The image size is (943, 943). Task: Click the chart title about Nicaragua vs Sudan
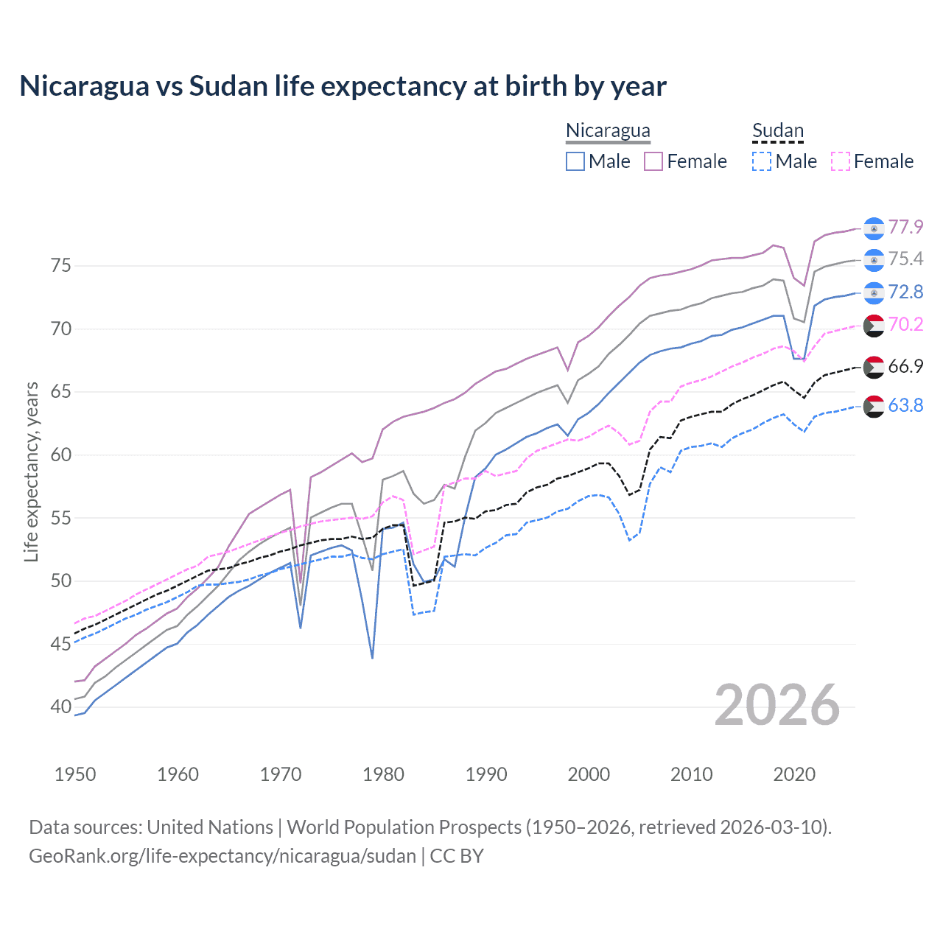point(343,86)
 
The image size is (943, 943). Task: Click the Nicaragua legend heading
point(608,130)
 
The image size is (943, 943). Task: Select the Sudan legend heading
point(777,130)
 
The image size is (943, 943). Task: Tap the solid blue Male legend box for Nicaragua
point(575,161)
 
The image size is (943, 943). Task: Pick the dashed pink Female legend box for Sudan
point(841,161)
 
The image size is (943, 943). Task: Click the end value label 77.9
point(905,227)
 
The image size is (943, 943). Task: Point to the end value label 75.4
point(905,259)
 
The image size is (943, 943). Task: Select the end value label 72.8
point(905,292)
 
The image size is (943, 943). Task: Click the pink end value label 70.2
point(905,324)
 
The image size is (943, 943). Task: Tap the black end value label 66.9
point(905,366)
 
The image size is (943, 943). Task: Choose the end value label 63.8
point(905,405)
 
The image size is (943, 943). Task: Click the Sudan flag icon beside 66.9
point(874,366)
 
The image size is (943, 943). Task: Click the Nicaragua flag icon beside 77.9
point(874,228)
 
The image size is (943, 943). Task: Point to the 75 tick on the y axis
point(61,265)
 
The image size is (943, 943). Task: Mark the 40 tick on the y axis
point(61,707)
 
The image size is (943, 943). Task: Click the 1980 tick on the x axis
point(383,774)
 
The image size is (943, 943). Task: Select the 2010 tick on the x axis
point(691,774)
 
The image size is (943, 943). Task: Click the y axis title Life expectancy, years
point(32,471)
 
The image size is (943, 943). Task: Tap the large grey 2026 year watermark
point(777,705)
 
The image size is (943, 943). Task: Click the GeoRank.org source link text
point(222,856)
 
